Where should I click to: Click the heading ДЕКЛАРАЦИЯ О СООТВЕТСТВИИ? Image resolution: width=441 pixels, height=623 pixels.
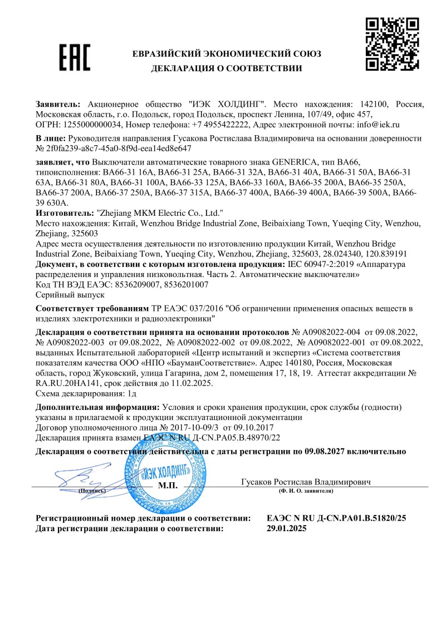point(226,68)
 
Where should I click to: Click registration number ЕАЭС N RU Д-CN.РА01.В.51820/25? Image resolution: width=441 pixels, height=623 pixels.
point(336,518)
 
